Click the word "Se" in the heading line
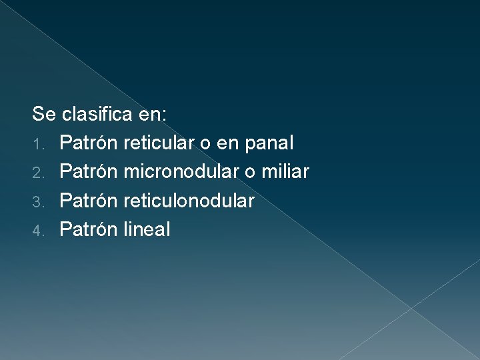point(44,114)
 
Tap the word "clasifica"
point(97,114)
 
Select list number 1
point(39,144)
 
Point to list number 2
point(39,173)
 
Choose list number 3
point(39,201)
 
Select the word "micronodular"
point(181,172)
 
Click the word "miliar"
point(285,172)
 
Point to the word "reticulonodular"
point(189,201)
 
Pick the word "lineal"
point(147,230)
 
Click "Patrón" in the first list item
point(89,143)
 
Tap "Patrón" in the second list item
point(89,172)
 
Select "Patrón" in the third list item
point(89,201)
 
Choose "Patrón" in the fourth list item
point(89,230)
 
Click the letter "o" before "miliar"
point(249,173)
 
